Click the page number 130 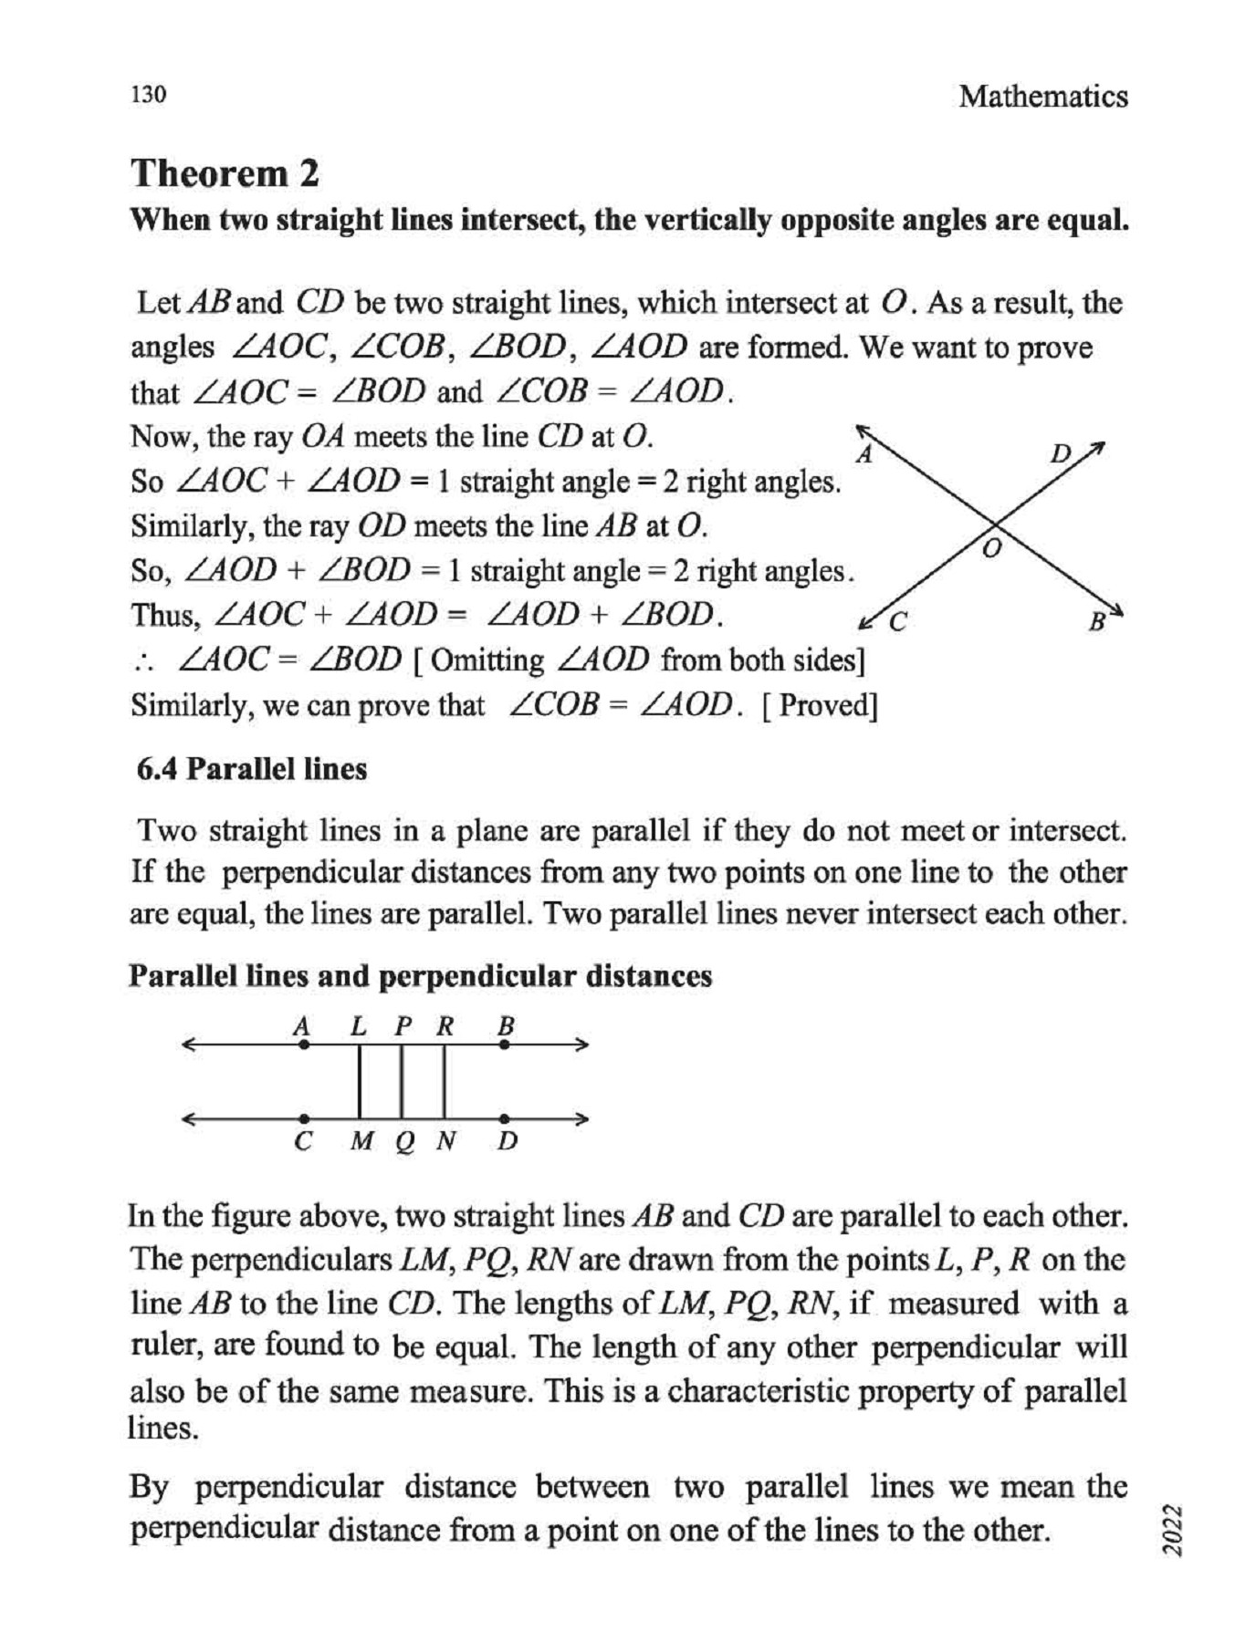coord(148,95)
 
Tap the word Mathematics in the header coord(1042,97)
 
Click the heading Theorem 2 coord(225,173)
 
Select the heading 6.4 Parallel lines coord(251,769)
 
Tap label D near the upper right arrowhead coord(1060,453)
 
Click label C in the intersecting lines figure coord(898,622)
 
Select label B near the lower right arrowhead coord(1096,623)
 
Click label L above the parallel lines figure coord(359,1026)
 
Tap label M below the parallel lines coord(361,1141)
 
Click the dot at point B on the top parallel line coord(505,1045)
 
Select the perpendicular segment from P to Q coord(402,1082)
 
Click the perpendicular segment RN coord(445,1082)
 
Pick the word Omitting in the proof coord(487,660)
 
